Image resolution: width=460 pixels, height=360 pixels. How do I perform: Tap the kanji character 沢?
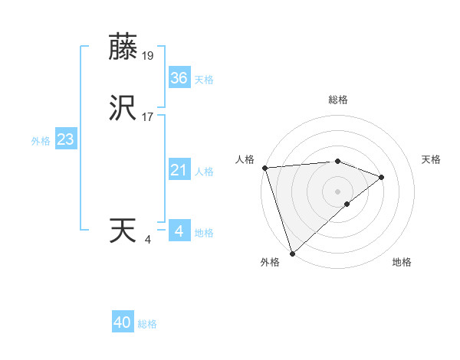point(124,109)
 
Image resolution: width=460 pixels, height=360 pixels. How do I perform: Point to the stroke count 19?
point(149,55)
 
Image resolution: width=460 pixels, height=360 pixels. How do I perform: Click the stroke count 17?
point(149,118)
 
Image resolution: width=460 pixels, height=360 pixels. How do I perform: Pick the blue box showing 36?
point(179,78)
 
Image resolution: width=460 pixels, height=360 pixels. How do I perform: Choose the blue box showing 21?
point(179,170)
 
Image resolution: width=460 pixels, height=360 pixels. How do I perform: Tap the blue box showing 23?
point(65,139)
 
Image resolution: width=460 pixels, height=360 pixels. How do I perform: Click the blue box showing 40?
point(123,322)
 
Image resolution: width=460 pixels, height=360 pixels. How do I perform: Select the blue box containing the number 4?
point(179,231)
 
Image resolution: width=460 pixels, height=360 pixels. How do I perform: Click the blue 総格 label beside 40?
point(147,324)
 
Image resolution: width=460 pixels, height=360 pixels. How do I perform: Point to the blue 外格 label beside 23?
point(41,141)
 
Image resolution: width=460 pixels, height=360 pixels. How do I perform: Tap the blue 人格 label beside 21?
point(204,172)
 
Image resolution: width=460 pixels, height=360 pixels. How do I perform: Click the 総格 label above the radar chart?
point(337,100)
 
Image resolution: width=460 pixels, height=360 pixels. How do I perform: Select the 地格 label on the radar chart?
point(402,262)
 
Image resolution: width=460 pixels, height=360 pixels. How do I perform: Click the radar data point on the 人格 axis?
point(264,168)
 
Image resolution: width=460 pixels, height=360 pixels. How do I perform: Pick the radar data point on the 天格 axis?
point(381,178)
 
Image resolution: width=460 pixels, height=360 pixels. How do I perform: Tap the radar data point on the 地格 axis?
point(347,204)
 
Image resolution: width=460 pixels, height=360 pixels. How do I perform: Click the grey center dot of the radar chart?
point(337,191)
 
